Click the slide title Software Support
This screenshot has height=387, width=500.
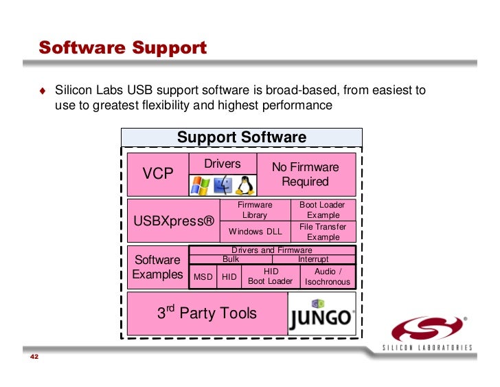[122, 48]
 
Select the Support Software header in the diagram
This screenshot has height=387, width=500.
[241, 137]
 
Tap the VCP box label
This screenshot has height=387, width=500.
[158, 174]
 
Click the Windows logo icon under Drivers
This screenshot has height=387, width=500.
[200, 185]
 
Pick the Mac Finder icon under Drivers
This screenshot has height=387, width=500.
[223, 185]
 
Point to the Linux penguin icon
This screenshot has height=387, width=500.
[244, 185]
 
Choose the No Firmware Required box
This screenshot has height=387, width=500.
[305, 175]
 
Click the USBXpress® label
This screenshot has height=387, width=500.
[173, 221]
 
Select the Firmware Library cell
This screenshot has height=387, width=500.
[255, 210]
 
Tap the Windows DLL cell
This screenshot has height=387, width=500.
[255, 231]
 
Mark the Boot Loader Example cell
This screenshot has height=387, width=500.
[323, 210]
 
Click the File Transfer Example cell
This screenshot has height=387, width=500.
[323, 232]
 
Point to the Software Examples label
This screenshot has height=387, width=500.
[157, 267]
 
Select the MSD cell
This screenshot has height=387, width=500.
[203, 277]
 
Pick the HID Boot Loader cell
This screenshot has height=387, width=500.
[270, 276]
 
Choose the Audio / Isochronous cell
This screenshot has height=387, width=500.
[328, 276]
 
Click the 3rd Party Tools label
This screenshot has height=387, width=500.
[207, 313]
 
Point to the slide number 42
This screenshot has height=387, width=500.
[34, 359]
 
